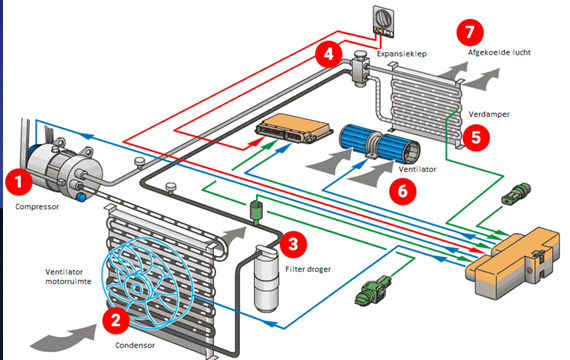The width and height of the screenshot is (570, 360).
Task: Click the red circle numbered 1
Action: coord(19,181)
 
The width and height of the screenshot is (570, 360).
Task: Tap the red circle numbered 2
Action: coord(116,320)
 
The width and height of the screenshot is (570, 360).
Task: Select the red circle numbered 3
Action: coord(293,244)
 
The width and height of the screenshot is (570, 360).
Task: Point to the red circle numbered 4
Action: coord(329,54)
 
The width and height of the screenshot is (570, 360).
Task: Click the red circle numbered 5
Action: coord(476,137)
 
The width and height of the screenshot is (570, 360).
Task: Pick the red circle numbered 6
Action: coord(403,191)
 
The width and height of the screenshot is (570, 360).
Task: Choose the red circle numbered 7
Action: coord(470,32)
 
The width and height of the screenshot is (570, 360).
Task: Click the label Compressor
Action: coord(37,207)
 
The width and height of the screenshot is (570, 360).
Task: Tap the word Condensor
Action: coord(135,345)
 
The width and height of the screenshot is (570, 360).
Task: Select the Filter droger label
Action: coord(308,269)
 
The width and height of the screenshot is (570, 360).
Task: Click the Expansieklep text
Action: coord(402,54)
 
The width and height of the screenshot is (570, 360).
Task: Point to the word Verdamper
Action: coord(489,114)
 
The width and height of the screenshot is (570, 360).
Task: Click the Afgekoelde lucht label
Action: coord(499,52)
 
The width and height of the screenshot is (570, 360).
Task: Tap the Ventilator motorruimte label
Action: coord(68,276)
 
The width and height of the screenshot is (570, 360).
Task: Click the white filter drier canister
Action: coord(267,279)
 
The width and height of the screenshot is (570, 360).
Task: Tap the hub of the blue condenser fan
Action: coord(137,289)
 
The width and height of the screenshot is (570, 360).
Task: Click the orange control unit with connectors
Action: coord(294,128)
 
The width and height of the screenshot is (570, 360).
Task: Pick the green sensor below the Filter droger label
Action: coord(373,290)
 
